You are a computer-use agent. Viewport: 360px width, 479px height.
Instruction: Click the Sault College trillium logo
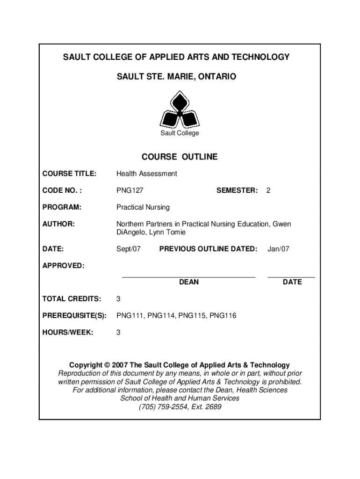coord(180,110)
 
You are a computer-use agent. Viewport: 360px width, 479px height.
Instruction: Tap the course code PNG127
coord(130,190)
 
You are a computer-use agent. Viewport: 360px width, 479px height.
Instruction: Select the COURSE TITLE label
coord(70,174)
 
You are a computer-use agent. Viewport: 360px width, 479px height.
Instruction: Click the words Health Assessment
coord(146,174)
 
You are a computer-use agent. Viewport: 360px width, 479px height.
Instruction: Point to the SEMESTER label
coord(237,190)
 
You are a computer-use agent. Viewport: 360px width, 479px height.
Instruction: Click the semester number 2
coord(268,190)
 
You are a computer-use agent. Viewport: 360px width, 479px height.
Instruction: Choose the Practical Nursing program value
coord(143,207)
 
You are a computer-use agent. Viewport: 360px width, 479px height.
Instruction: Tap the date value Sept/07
coord(128,249)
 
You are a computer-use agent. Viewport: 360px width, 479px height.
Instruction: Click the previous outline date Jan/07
coord(278,249)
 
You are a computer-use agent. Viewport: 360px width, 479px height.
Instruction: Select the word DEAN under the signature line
coord(189,282)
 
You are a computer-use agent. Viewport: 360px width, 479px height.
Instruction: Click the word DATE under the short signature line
coord(292,282)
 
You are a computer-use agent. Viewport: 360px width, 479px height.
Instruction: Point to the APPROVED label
coord(64,266)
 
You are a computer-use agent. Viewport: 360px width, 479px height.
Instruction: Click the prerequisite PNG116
coord(223,316)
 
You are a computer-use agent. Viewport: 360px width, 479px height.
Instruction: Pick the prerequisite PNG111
coord(130,316)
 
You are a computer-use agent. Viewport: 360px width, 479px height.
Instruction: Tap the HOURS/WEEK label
coord(68,333)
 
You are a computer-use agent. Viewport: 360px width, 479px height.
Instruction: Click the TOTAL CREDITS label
coord(72,299)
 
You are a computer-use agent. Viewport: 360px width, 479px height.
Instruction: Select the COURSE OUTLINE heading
coord(180,157)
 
